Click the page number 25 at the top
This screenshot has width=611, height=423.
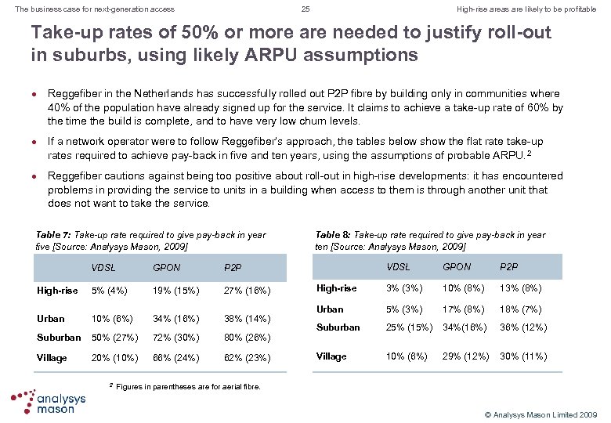pos(305,9)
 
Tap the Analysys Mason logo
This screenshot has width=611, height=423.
pos(49,399)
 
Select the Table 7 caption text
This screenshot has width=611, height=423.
pos(151,240)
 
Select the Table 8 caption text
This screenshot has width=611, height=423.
pos(430,240)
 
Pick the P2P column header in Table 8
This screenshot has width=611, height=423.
pos(508,267)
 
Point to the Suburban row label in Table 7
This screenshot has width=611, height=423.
pos(59,338)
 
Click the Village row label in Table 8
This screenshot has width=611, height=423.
pos(331,356)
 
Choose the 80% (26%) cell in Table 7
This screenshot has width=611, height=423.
pos(248,338)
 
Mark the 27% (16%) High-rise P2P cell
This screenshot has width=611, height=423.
pos(248,291)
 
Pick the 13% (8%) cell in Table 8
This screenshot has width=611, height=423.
pos(522,288)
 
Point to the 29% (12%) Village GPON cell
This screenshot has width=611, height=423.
pos(467,356)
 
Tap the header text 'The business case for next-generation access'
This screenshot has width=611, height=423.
pos(89,9)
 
